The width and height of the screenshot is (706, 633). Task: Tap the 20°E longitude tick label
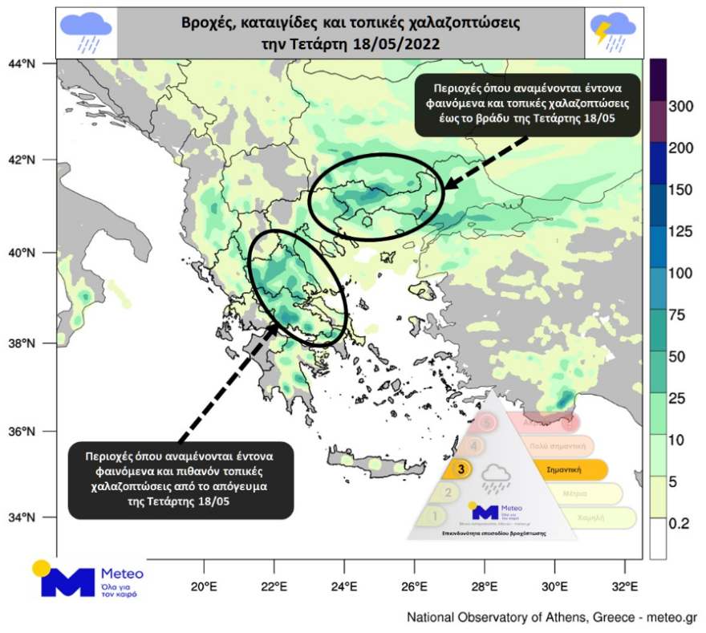(204, 586)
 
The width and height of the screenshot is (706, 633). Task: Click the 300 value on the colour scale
(681, 107)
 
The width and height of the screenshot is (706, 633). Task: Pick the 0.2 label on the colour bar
(679, 523)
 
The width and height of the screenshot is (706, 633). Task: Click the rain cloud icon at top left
(86, 33)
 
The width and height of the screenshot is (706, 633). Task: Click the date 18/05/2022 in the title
(395, 45)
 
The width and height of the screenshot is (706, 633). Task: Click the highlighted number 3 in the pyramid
(461, 469)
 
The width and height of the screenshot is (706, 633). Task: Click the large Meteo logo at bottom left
(88, 580)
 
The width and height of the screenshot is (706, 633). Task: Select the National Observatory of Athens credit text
(552, 618)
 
